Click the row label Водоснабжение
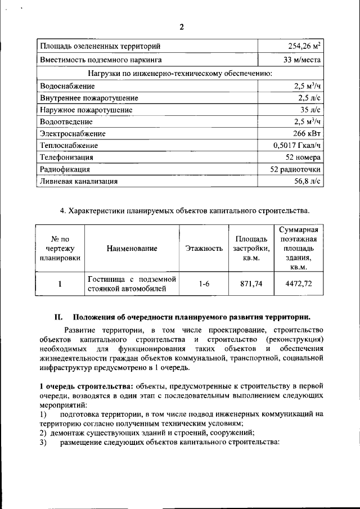click(x=67, y=86)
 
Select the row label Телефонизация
click(x=66, y=157)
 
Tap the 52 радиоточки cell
click(x=296, y=169)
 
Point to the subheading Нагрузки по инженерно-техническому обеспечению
click(x=181, y=73)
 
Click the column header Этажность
click(x=204, y=248)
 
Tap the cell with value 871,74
click(x=251, y=284)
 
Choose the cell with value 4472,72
click(x=299, y=284)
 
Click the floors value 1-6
click(x=204, y=284)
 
